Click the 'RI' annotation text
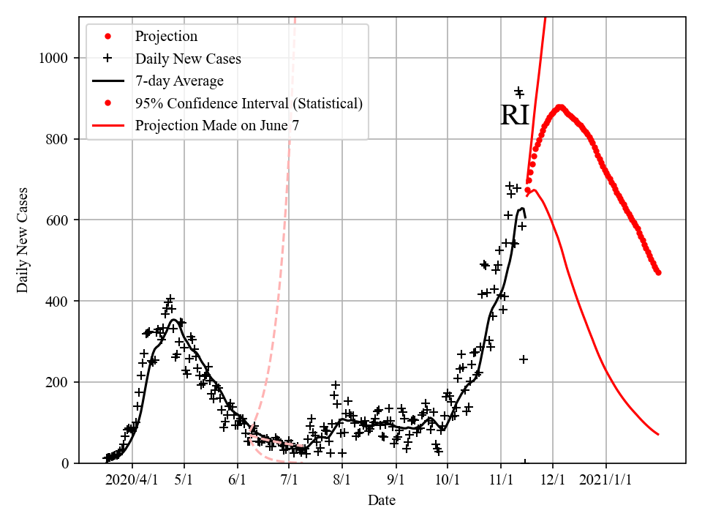(514, 116)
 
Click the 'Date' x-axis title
(382, 501)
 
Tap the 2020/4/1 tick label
(132, 479)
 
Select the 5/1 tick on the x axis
(184, 479)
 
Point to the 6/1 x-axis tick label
(238, 479)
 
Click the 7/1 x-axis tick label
(290, 479)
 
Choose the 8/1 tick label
(343, 479)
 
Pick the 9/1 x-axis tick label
(396, 479)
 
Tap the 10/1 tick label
(448, 479)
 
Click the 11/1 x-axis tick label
(501, 479)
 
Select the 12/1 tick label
(553, 479)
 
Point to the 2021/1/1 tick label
(606, 479)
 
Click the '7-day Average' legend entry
(179, 81)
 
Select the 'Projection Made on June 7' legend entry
(216, 126)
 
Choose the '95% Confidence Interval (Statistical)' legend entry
(249, 103)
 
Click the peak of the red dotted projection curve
(560, 107)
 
